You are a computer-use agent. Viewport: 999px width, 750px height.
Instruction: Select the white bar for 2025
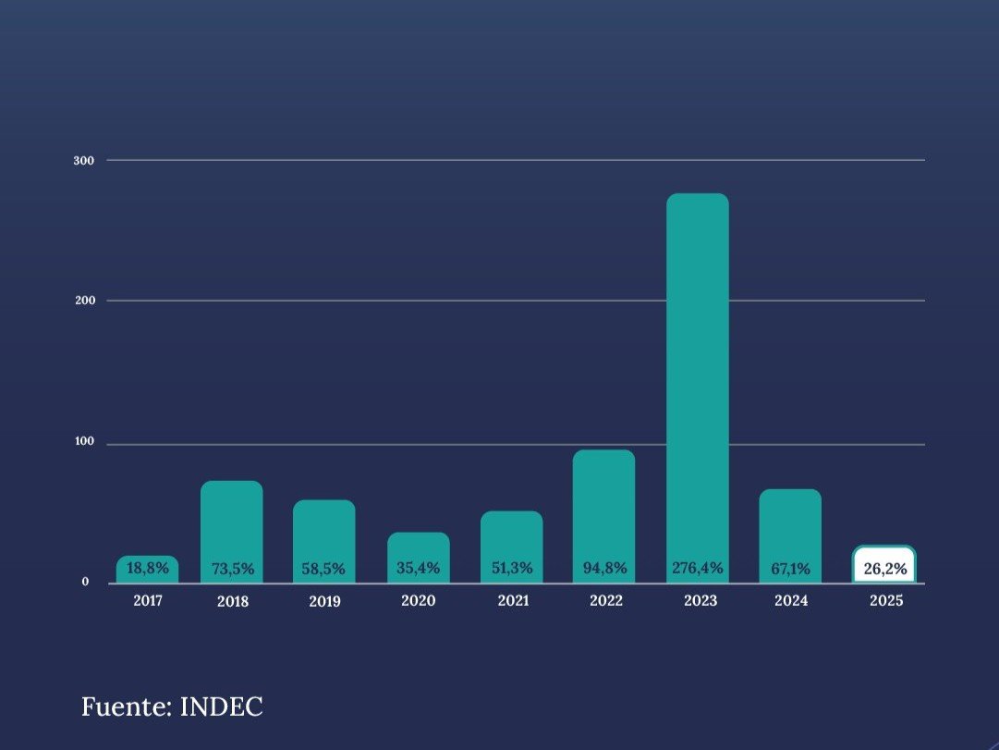click(x=884, y=564)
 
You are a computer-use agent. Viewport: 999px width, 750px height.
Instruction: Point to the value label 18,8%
click(x=148, y=568)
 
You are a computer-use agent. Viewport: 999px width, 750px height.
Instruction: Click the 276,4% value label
click(x=698, y=568)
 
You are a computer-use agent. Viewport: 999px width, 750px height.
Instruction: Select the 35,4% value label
click(x=419, y=568)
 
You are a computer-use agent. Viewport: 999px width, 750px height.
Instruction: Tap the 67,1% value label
click(x=790, y=569)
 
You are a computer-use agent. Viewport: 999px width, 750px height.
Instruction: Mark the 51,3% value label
click(x=512, y=568)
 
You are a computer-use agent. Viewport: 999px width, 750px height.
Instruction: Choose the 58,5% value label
click(x=324, y=569)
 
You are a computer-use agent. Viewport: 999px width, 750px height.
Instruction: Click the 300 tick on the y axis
click(x=83, y=161)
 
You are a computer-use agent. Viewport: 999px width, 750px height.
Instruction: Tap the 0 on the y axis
click(x=86, y=583)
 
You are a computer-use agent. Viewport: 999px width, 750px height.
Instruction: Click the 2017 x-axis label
click(x=148, y=601)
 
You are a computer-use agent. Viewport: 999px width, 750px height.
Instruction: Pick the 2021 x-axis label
click(x=513, y=601)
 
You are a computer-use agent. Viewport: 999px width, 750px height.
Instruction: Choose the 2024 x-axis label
click(x=791, y=601)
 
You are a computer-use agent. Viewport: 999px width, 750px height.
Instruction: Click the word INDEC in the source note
click(x=222, y=707)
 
